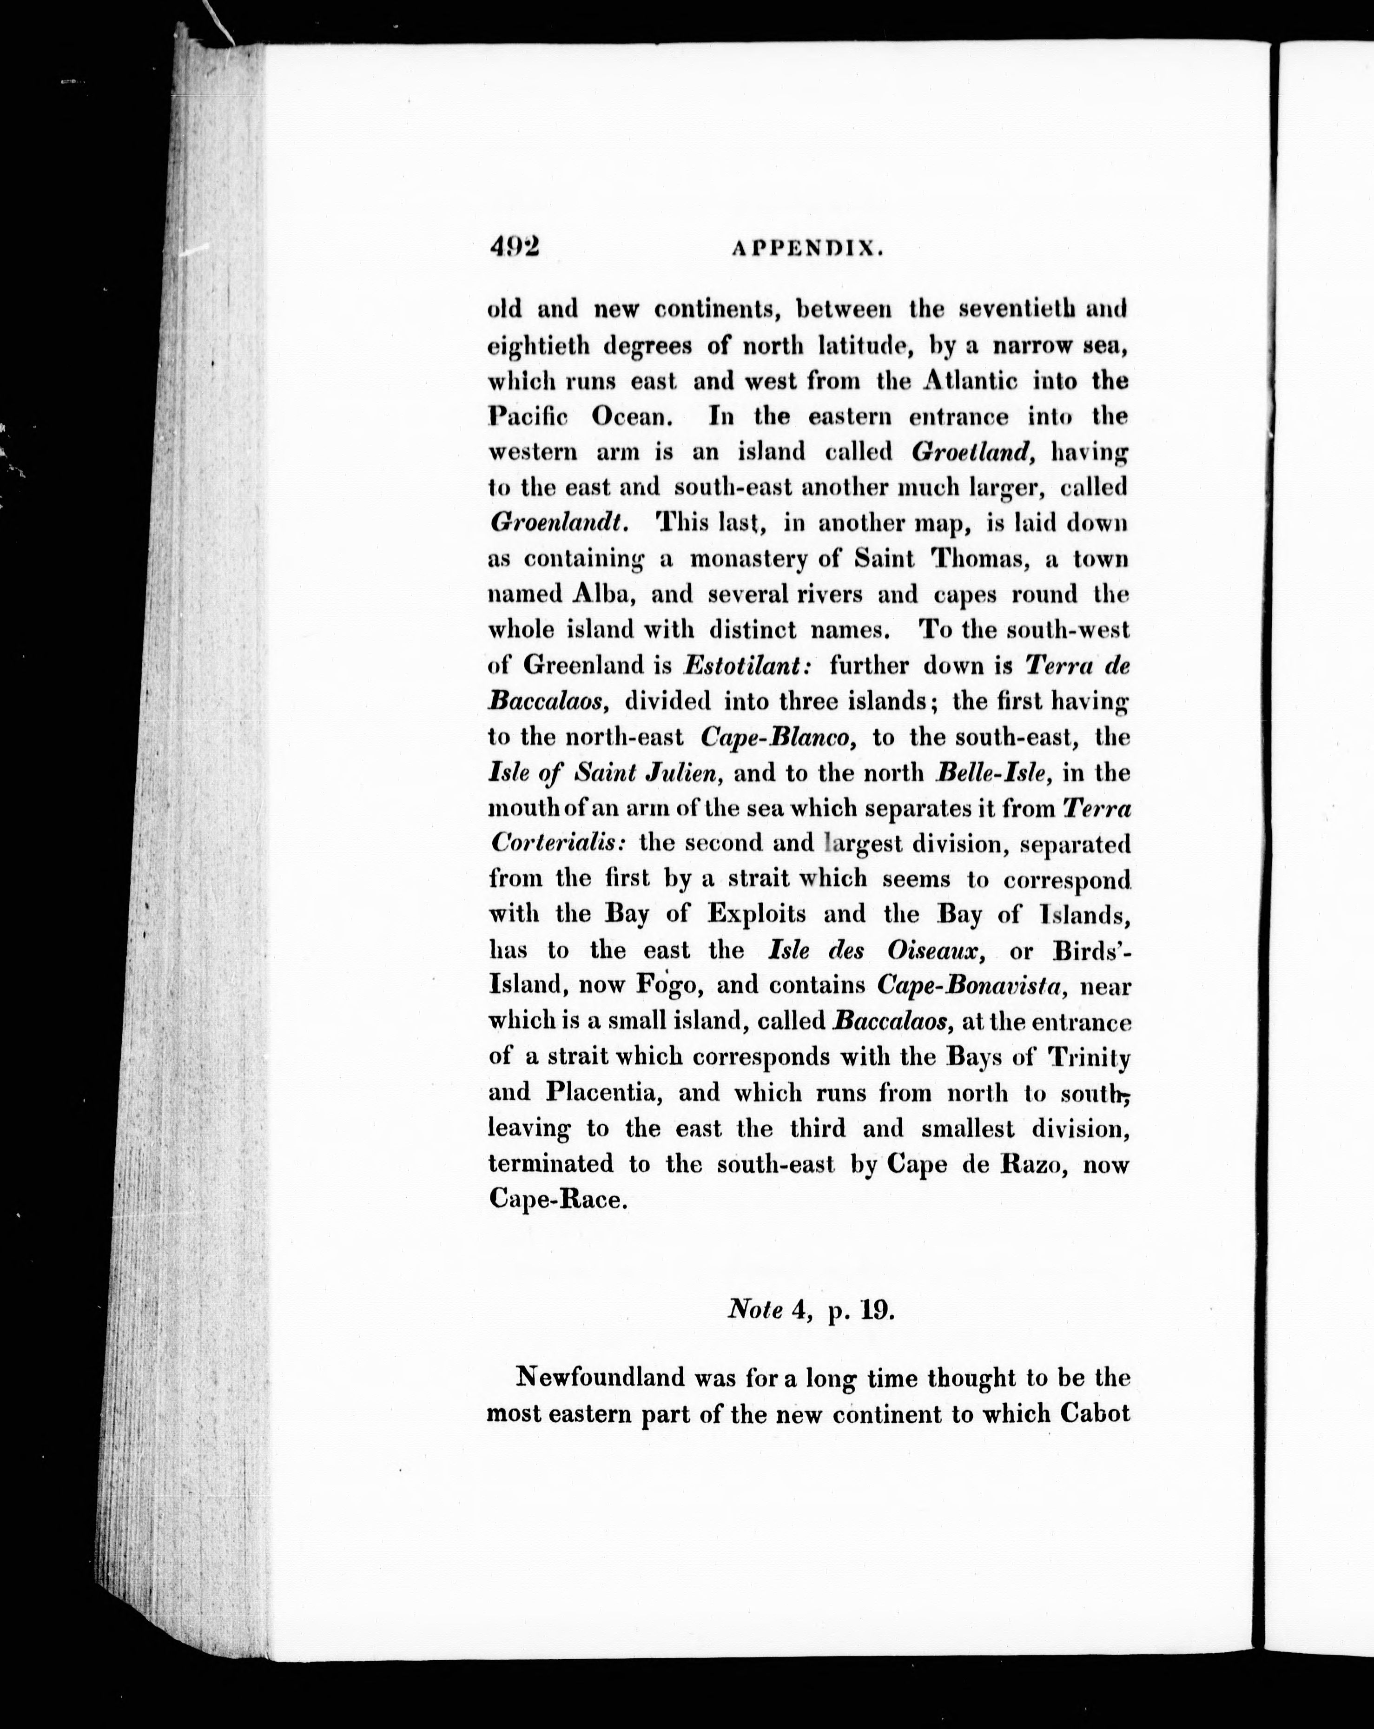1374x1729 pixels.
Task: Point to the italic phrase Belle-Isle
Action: (x=991, y=772)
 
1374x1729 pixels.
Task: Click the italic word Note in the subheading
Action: (x=755, y=1310)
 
